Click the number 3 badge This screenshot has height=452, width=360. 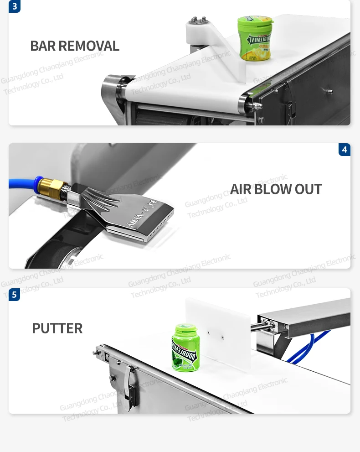click(x=15, y=6)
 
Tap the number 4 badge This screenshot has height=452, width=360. click(x=345, y=150)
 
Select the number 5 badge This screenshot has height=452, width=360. click(x=15, y=295)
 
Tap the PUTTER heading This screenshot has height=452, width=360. click(x=57, y=328)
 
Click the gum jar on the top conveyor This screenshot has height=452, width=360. click(x=255, y=39)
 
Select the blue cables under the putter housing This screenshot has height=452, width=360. click(x=310, y=347)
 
